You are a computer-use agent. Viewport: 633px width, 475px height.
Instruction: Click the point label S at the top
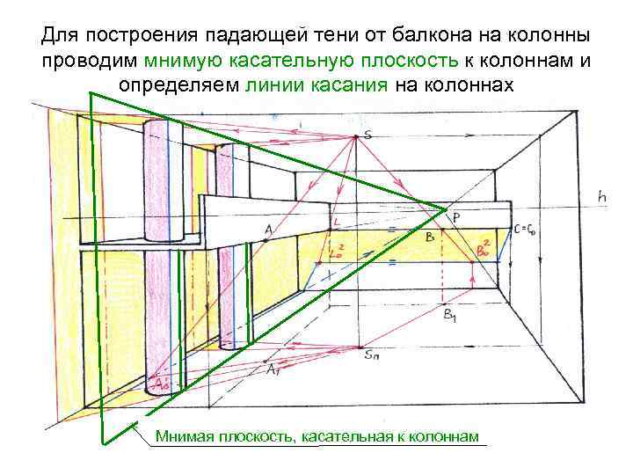(367, 135)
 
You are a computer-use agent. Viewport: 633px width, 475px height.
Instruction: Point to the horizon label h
(601, 197)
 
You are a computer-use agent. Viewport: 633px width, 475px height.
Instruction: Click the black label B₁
(450, 314)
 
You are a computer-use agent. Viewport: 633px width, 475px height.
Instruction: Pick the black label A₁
(274, 369)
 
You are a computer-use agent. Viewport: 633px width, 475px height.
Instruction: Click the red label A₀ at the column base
(161, 384)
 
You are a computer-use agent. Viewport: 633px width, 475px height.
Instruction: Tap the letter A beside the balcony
(268, 230)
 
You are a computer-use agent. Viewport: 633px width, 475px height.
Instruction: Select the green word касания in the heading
(344, 84)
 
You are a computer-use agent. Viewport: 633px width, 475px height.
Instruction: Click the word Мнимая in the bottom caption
(183, 436)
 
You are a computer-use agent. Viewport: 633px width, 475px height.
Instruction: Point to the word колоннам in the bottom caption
(446, 436)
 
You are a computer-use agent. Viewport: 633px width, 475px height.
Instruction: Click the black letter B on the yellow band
(429, 237)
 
